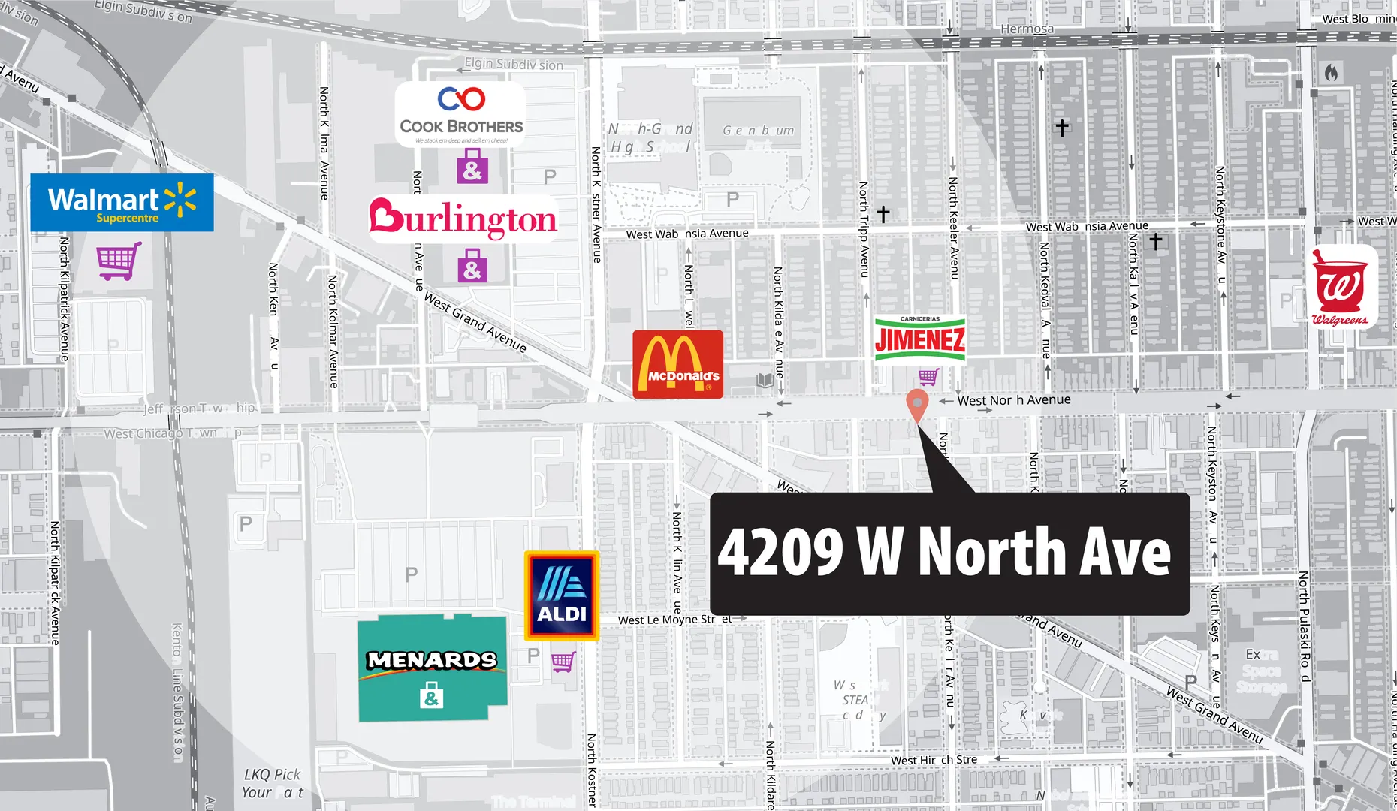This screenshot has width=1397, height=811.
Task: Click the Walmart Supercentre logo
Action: coord(122,203)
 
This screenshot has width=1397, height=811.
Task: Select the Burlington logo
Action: coord(463,219)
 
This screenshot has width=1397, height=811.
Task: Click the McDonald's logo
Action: coord(677,364)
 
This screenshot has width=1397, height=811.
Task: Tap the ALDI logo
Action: coord(562,595)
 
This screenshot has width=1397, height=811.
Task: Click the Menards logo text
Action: coord(432,660)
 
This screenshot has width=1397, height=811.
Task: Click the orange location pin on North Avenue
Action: coord(917,404)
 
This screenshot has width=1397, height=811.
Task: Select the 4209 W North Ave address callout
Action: coord(949,553)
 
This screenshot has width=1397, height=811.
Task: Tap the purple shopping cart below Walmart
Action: coord(119,260)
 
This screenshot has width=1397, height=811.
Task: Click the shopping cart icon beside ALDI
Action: coord(563,662)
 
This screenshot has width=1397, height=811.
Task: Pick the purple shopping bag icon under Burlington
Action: coord(472,268)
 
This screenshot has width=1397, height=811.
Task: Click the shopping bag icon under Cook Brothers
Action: coord(472,167)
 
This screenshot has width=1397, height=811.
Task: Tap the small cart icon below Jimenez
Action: coord(928,376)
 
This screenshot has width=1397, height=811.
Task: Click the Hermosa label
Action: coord(1027,29)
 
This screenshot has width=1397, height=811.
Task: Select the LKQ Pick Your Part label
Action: coord(272,783)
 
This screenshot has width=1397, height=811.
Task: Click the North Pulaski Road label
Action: coord(1305,626)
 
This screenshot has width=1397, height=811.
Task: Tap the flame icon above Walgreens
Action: coord(1331,73)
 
